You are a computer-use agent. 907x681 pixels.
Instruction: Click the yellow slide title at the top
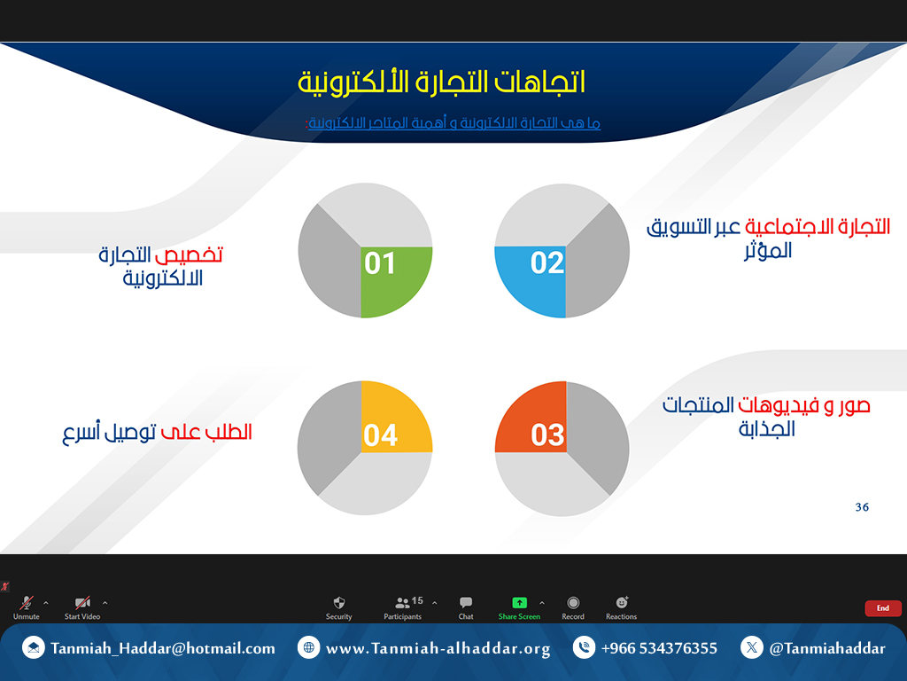pyautogui.click(x=441, y=82)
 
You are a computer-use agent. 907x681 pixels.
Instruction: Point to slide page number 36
pyautogui.click(x=862, y=507)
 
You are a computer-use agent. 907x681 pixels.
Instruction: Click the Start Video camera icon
pyautogui.click(x=82, y=603)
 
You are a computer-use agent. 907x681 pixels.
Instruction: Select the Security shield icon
pyautogui.click(x=339, y=603)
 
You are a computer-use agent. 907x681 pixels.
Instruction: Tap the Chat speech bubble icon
pyautogui.click(x=466, y=603)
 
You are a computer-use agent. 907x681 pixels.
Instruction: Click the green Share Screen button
pyautogui.click(x=519, y=608)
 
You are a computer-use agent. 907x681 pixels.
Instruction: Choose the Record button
pyautogui.click(x=573, y=608)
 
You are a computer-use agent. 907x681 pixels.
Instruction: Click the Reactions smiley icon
pyautogui.click(x=622, y=603)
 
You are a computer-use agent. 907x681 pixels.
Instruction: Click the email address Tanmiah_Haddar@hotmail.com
pyautogui.click(x=163, y=648)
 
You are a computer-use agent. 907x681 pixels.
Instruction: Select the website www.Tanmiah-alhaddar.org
pyautogui.click(x=438, y=648)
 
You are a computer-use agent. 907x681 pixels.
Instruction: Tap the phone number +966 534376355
pyautogui.click(x=659, y=648)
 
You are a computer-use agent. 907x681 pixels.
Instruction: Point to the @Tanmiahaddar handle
pyautogui.click(x=827, y=648)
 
